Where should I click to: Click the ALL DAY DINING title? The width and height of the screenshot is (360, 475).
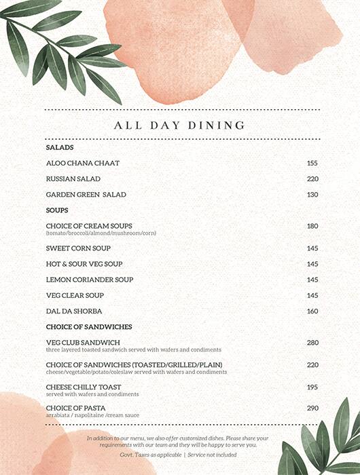pyautogui.click(x=180, y=126)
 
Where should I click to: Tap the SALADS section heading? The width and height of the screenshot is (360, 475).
pyautogui.click(x=60, y=147)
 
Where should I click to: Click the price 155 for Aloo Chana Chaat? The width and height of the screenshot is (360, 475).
pyautogui.click(x=312, y=164)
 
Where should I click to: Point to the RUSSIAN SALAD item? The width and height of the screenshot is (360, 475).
pyautogui.click(x=73, y=179)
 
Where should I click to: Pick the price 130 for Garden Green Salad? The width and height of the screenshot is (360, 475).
pyautogui.click(x=312, y=195)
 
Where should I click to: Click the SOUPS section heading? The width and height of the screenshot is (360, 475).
pyautogui.click(x=57, y=210)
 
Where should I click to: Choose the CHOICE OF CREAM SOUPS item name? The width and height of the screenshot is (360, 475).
pyautogui.click(x=89, y=226)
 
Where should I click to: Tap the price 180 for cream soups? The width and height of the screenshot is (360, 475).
pyautogui.click(x=312, y=226)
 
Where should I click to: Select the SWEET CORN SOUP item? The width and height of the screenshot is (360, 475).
pyautogui.click(x=78, y=248)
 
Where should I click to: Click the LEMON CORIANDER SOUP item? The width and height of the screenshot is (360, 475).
pyautogui.click(x=90, y=280)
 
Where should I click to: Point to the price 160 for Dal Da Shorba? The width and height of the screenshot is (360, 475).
pyautogui.click(x=312, y=311)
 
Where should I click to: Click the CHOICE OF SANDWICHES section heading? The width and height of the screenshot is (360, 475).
pyautogui.click(x=88, y=327)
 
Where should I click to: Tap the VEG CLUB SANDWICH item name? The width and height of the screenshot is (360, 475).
pyautogui.click(x=83, y=343)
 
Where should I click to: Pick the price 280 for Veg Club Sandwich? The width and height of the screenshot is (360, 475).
pyautogui.click(x=312, y=343)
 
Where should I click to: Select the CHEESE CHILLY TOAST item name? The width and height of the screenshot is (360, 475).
pyautogui.click(x=84, y=387)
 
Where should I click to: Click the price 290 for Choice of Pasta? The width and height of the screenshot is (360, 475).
pyautogui.click(x=312, y=408)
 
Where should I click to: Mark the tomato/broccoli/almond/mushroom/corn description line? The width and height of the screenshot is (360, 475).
pyautogui.click(x=101, y=233)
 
